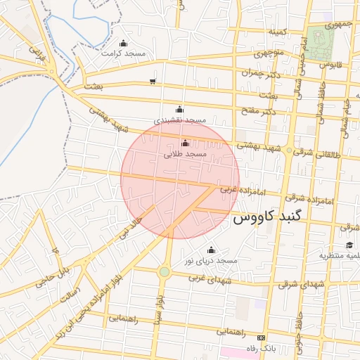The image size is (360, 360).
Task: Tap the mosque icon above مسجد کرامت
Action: click(124, 44)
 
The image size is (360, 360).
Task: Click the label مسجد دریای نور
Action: click(212, 260)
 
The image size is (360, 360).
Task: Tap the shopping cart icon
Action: click(153, 82)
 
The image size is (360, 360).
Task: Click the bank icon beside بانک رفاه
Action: click(262, 337)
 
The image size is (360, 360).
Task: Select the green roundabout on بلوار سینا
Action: click(165, 271)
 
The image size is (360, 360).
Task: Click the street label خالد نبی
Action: click(131, 229)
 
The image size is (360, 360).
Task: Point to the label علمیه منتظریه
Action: click(339, 255)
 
